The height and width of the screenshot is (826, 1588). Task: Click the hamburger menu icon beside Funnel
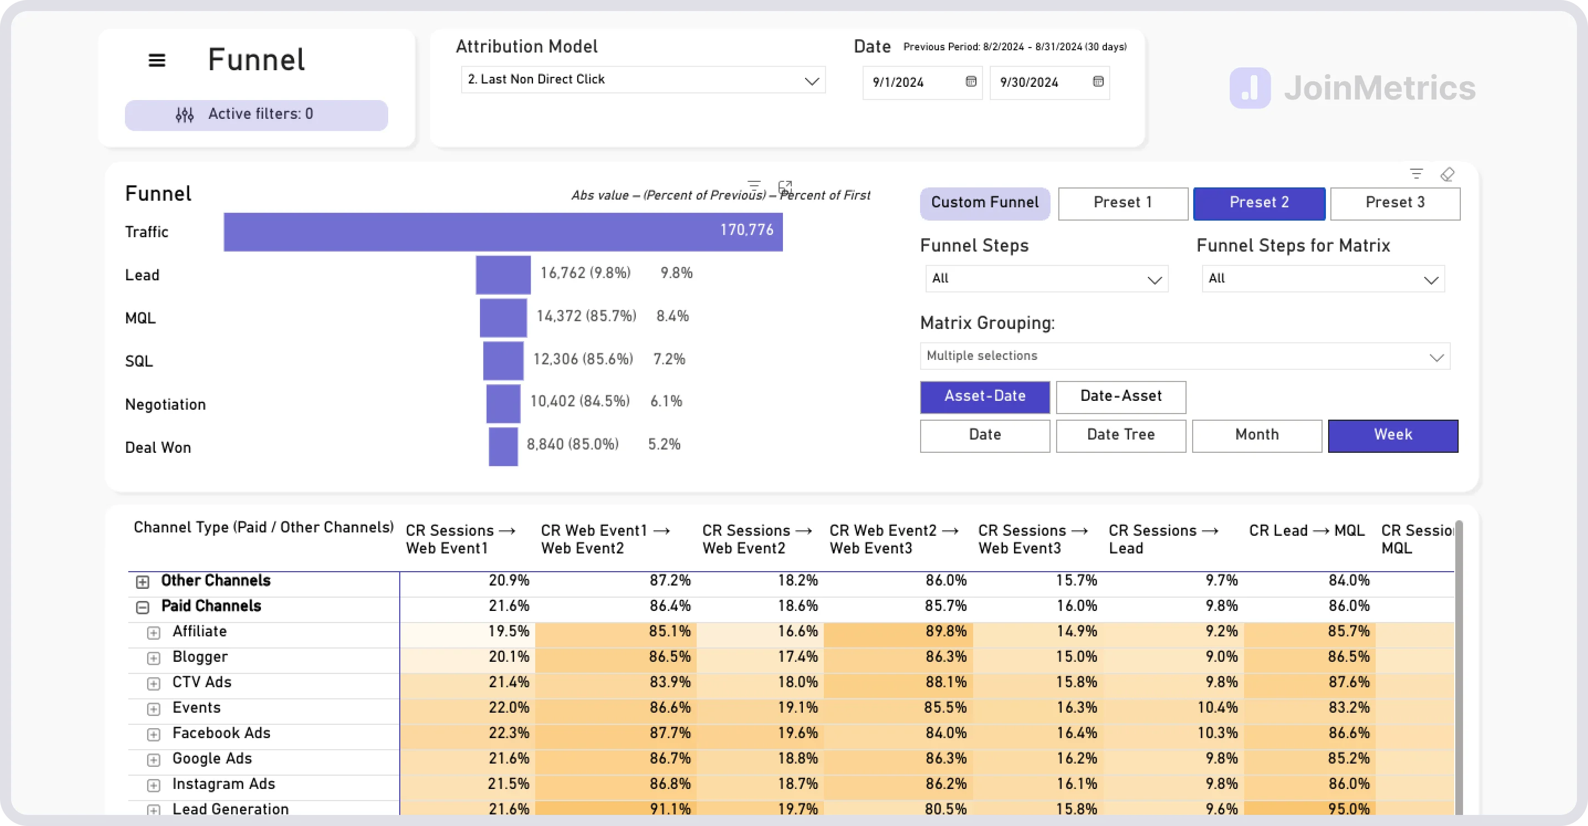(x=156, y=60)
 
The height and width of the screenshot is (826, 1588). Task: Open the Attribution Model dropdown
(x=643, y=80)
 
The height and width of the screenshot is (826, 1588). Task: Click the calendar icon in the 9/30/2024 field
(x=1098, y=81)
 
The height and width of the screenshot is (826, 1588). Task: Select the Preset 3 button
(x=1394, y=203)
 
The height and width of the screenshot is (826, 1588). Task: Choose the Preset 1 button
(x=1122, y=203)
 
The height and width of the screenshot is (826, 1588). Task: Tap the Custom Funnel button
(x=985, y=203)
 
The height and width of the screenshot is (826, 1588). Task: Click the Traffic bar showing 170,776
(x=503, y=232)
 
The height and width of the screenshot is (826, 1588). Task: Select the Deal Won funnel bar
(x=503, y=446)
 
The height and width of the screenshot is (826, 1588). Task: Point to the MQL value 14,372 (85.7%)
(x=586, y=316)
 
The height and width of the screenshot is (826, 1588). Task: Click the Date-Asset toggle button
(x=1120, y=396)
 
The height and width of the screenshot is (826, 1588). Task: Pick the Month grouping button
(x=1256, y=435)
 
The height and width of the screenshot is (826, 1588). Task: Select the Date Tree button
(x=1120, y=435)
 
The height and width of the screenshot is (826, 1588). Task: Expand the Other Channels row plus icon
(x=143, y=582)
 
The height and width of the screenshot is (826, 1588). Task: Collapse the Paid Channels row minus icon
(x=143, y=607)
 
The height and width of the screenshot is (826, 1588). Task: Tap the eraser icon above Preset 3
(x=1447, y=175)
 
